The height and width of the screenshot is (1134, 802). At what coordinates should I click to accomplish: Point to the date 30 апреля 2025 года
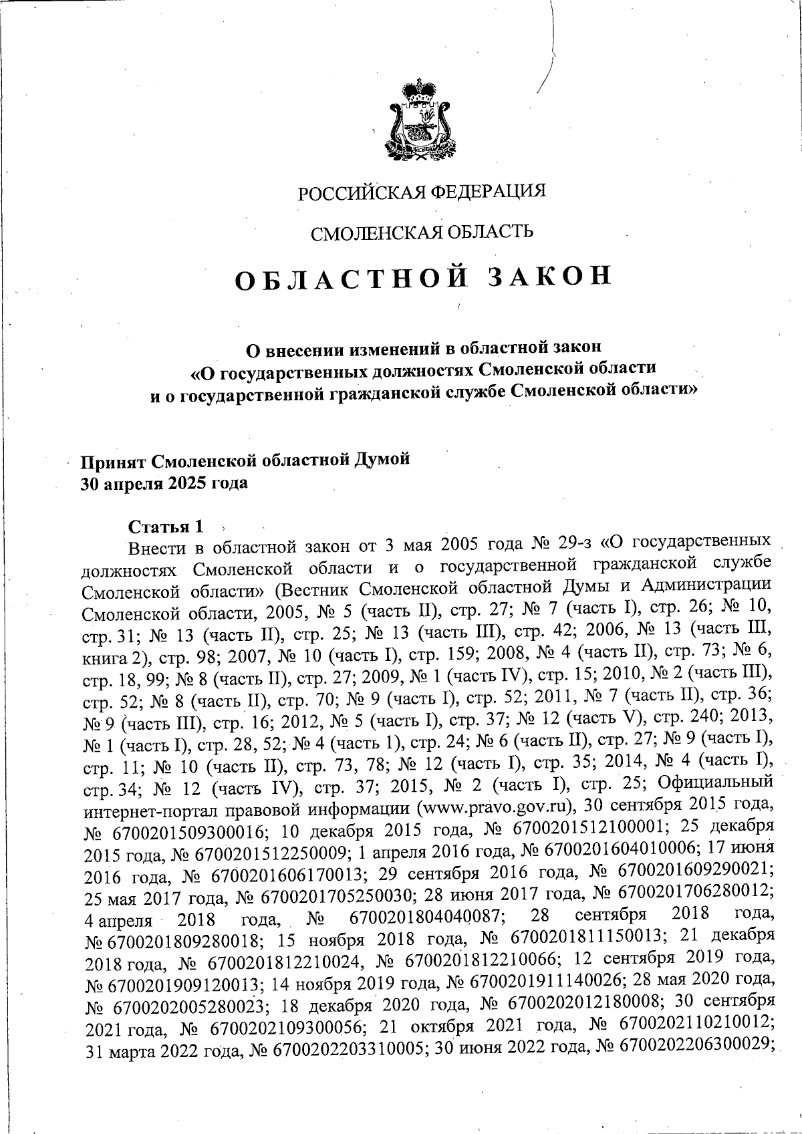[x=164, y=483]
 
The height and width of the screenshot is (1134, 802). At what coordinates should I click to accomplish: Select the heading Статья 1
[x=164, y=526]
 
